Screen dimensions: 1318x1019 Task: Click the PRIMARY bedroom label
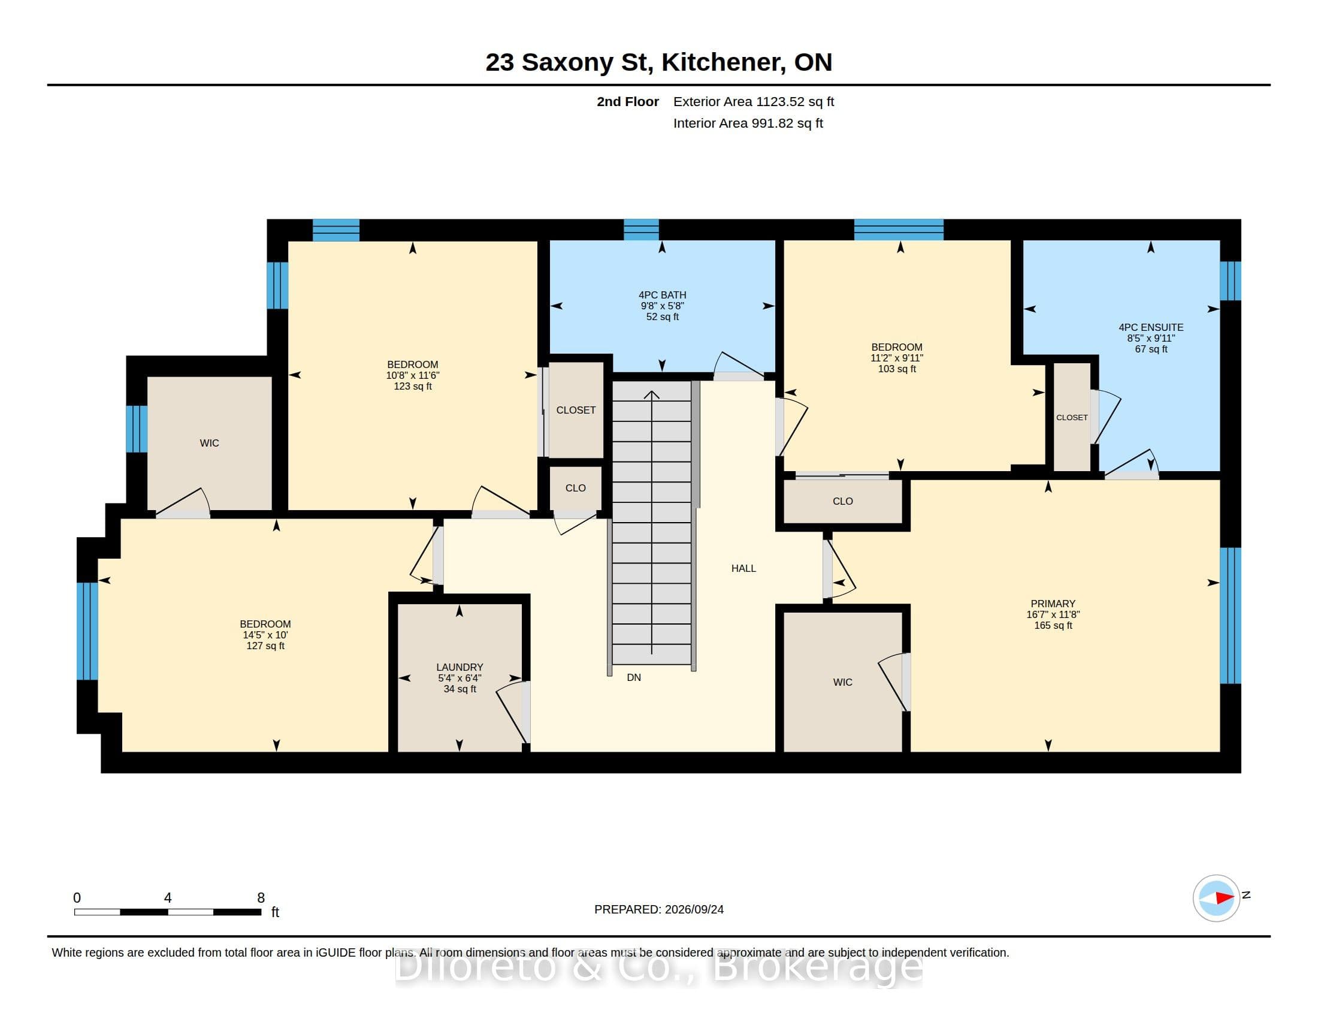click(1053, 604)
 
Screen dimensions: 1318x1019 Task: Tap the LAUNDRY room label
click(460, 667)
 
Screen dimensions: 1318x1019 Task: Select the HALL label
click(743, 568)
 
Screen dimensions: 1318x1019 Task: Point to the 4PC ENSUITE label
click(1151, 327)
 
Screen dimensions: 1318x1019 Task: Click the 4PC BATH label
click(663, 295)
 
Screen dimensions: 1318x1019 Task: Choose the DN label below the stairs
click(634, 677)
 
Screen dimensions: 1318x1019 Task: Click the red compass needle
click(1225, 898)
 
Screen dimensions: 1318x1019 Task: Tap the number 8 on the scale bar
click(261, 898)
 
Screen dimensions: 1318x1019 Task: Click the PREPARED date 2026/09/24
click(694, 909)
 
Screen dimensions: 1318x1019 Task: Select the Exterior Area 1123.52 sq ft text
click(754, 101)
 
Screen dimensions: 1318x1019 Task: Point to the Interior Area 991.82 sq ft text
click(748, 123)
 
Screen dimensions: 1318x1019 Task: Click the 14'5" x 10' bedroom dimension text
click(265, 635)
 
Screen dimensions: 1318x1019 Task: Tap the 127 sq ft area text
click(265, 646)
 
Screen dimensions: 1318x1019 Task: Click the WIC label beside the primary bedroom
click(842, 682)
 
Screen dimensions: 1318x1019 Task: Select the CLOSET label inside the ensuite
click(1072, 418)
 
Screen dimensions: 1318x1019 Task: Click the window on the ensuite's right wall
click(1230, 281)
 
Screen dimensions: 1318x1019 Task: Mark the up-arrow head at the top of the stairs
click(652, 395)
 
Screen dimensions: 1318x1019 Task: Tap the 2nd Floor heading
click(628, 101)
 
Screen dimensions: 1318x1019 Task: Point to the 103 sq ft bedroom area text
click(897, 369)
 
